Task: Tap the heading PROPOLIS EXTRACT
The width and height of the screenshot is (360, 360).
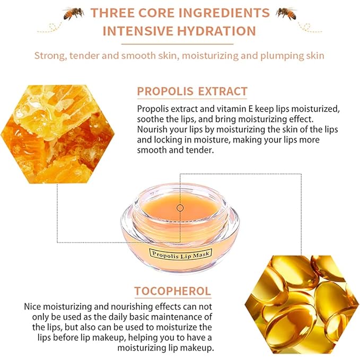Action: [x=192, y=91]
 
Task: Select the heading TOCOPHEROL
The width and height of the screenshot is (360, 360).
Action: [x=173, y=291]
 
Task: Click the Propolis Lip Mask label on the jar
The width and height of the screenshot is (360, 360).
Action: [x=180, y=254]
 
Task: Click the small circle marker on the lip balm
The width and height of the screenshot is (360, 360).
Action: [x=180, y=208]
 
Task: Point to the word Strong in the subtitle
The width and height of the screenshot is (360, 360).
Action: [x=51, y=55]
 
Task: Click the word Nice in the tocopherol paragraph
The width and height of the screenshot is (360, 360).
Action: [x=34, y=306]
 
